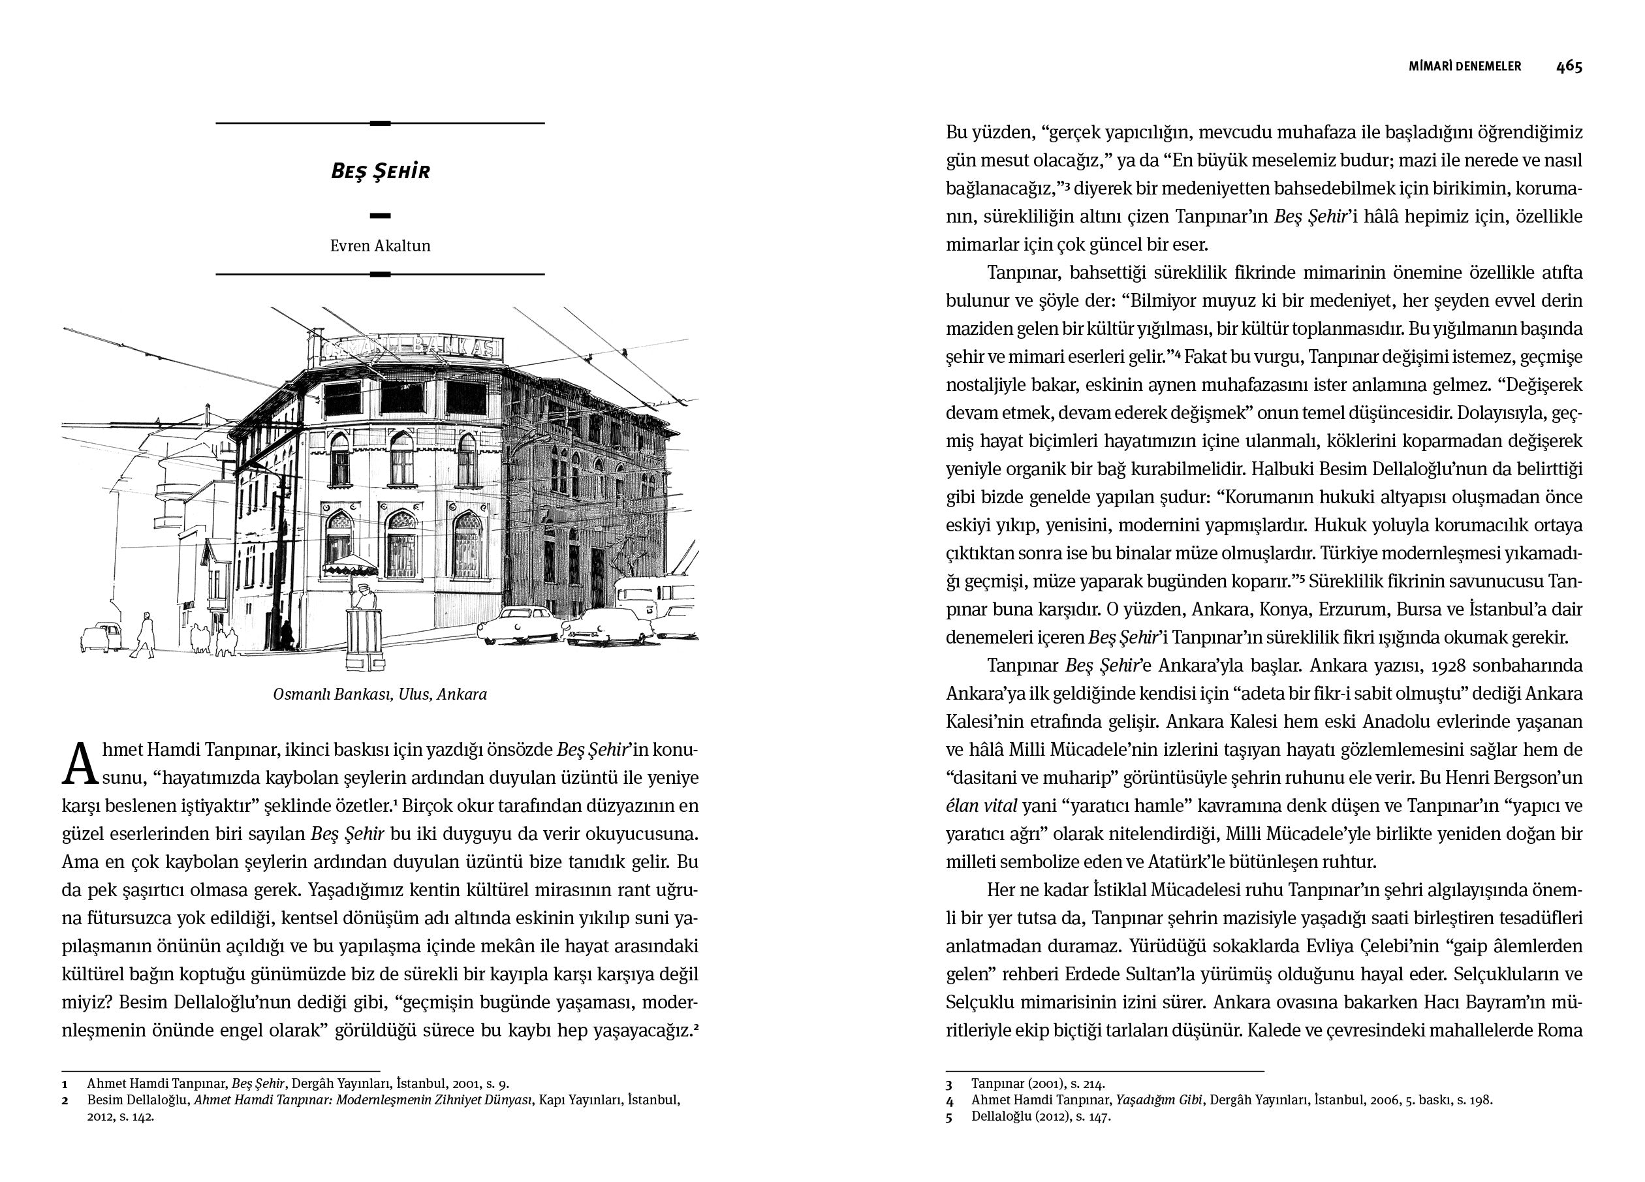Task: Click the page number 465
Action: pos(1569,67)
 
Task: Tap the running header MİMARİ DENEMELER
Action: pos(1464,67)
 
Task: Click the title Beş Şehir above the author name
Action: pos(380,172)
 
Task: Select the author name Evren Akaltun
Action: pos(380,246)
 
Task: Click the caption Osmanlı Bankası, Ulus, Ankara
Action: pos(380,694)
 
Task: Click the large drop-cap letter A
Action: pos(80,764)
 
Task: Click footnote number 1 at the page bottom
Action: pos(65,1085)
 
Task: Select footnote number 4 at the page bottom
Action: pos(948,1100)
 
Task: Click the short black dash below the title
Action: pos(380,215)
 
